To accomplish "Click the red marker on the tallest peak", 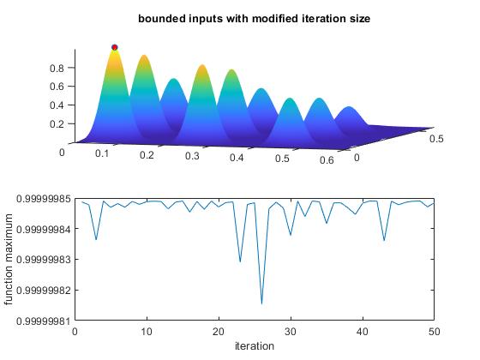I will (x=115, y=48).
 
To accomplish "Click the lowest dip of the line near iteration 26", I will (x=261, y=303).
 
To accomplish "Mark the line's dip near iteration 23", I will (x=240, y=261).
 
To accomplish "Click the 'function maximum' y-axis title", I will (x=10, y=260).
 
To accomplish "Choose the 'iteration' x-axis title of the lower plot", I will (x=255, y=346).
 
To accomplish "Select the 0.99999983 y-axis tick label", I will (x=39, y=260).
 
